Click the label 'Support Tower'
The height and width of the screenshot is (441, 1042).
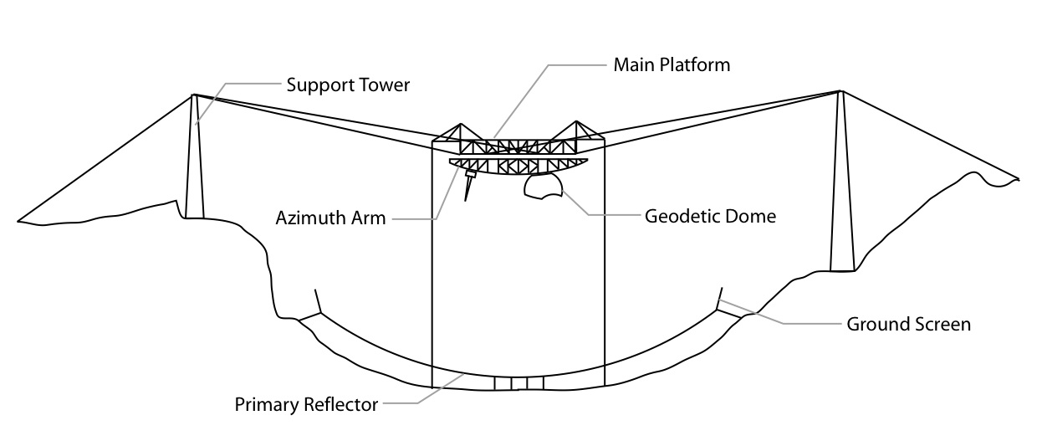[x=348, y=85]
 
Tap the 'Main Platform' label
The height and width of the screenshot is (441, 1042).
[x=672, y=64]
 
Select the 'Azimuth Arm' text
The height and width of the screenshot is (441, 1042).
[x=331, y=218]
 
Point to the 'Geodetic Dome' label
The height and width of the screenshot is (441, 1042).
[x=710, y=217]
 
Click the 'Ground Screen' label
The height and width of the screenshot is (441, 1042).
[x=909, y=324]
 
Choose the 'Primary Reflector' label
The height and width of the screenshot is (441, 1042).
[x=306, y=406]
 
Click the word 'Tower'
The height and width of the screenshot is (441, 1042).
[x=385, y=85]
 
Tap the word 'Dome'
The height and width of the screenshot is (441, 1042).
[x=753, y=217]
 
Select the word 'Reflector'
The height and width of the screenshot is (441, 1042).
[x=341, y=406]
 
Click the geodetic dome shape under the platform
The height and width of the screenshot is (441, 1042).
[x=544, y=189]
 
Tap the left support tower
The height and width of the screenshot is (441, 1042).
[x=195, y=159]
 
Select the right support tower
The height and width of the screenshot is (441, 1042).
[x=841, y=184]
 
